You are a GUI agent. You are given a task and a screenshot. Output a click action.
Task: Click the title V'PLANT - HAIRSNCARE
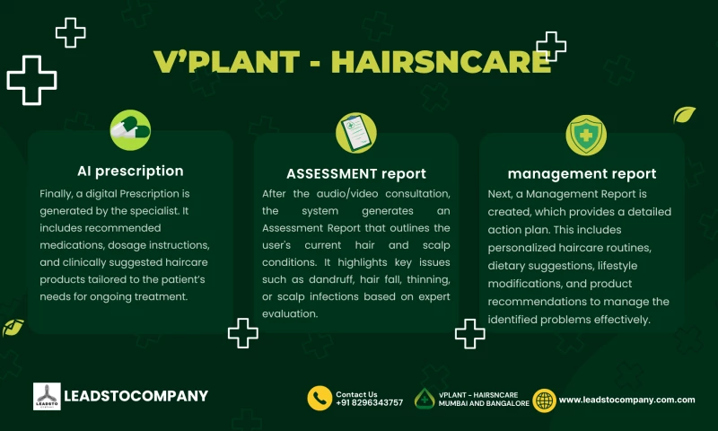point(352,62)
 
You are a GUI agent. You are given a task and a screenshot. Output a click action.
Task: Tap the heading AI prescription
point(130,171)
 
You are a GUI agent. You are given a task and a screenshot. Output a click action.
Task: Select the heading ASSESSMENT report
point(356,173)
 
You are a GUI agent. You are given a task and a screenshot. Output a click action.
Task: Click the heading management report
point(582,173)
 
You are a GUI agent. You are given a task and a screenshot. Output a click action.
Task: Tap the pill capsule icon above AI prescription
point(130,131)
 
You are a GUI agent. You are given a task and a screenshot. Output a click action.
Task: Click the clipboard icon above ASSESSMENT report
point(356,133)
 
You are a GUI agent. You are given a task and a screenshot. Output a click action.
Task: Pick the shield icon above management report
point(586,135)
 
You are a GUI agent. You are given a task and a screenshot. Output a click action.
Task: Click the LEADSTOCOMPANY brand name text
point(136,396)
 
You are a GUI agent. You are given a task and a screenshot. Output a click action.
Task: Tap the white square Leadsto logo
point(47,397)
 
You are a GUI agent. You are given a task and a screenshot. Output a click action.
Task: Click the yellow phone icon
point(320,399)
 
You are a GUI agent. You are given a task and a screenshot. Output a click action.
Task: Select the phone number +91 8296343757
point(369,403)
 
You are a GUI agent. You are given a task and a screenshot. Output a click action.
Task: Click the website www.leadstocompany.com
point(627,400)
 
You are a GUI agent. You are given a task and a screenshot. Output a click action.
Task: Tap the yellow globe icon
point(544,400)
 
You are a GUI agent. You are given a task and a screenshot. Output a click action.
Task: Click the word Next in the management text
point(501,194)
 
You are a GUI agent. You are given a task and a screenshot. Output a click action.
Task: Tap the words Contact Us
point(356,393)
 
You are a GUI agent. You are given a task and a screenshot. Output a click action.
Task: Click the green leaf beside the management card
point(685,115)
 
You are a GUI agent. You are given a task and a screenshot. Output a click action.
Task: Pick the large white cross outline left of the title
point(31,80)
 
